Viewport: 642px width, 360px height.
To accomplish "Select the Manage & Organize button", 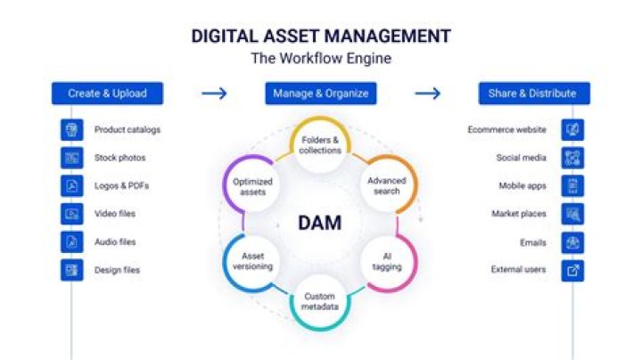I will (x=319, y=93).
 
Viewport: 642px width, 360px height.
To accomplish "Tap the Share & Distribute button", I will (x=532, y=93).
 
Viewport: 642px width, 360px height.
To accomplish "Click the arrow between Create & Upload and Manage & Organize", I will (x=214, y=93).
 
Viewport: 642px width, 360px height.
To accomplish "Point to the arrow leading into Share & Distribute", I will (x=428, y=93).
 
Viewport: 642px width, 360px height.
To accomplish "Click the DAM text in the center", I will (x=319, y=223).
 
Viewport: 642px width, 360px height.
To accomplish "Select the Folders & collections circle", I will (x=320, y=145).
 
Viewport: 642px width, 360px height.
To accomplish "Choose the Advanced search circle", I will (x=386, y=185).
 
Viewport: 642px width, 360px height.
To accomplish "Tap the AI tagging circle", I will (x=387, y=261).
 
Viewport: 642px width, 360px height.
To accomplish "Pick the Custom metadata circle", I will (x=320, y=301).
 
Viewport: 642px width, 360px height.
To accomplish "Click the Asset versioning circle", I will (x=252, y=261).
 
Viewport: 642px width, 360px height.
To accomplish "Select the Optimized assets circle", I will (x=252, y=185).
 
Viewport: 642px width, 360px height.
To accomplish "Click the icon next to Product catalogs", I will (x=71, y=130).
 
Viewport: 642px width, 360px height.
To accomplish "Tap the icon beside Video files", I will (x=71, y=214).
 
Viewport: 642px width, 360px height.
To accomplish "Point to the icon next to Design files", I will (x=71, y=269).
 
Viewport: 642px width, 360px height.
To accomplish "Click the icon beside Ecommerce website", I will (x=572, y=130).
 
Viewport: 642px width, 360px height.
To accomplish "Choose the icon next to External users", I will (x=572, y=269).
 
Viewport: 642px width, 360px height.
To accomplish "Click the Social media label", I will (x=522, y=158).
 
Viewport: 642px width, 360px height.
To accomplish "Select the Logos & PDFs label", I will (x=118, y=186).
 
